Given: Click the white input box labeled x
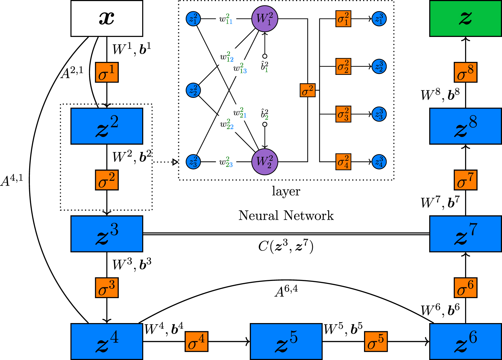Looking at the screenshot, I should tap(107, 18).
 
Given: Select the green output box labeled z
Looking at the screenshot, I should tap(465, 18).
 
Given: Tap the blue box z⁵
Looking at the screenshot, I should tap(286, 341).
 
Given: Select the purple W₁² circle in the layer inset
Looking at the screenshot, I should tap(265, 18).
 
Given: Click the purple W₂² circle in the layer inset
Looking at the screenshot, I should tap(265, 161).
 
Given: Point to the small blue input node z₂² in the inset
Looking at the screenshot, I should tap(193, 90).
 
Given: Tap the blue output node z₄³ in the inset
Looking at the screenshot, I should tap(379, 161).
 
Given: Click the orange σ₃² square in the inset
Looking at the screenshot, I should tap(343, 114).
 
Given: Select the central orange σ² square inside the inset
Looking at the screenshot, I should tap(307, 90).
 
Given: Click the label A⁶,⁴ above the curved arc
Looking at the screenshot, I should tap(286, 291).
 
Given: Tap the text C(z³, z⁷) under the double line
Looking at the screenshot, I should tap(286, 247).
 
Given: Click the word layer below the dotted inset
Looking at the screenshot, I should tap(286, 191).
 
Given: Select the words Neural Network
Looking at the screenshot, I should tap(286, 215).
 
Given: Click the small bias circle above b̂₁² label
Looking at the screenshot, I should tap(265, 56).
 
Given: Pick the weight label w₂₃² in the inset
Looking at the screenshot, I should tap(226, 162).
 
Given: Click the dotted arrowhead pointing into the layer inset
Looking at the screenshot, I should tap(175, 162).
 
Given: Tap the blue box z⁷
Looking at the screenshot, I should tap(465, 234).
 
